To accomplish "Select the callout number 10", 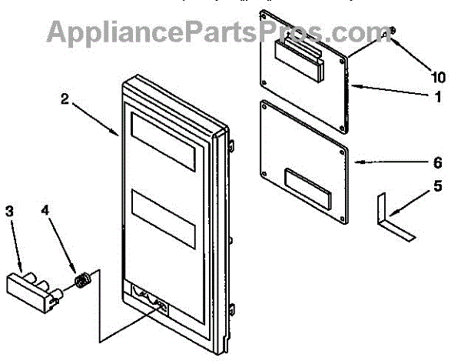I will click(438, 77).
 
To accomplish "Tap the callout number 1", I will click(436, 98).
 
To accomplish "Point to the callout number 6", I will click(436, 162).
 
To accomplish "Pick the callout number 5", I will click(436, 186).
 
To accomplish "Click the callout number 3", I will click(10, 211).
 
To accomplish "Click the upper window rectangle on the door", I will click(164, 139).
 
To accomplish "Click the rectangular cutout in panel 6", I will click(309, 186).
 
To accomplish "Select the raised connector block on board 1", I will click(300, 62).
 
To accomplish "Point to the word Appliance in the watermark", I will click(114, 32).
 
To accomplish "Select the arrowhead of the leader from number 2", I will click(117, 135).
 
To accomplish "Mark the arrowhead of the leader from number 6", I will click(356, 162).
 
